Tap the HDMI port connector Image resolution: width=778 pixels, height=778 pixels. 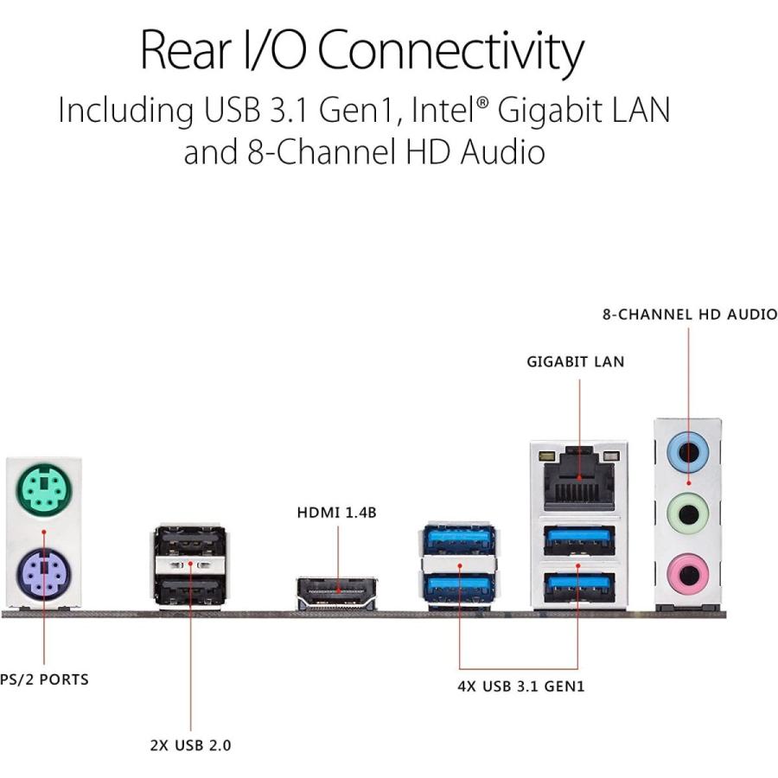tap(337, 594)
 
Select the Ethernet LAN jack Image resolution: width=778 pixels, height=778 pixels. tap(579, 481)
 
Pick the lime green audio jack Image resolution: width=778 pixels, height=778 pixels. tap(689, 514)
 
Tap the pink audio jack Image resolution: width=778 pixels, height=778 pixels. tap(689, 571)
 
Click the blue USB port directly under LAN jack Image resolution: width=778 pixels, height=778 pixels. tap(579, 541)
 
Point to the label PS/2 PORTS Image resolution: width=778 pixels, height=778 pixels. tap(44, 679)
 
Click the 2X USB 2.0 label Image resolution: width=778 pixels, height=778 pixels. tap(190, 744)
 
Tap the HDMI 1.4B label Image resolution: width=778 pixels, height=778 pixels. tap(337, 513)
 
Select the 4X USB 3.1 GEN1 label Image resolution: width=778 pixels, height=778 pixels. tap(520, 687)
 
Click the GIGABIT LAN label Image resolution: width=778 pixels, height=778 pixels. tap(575, 362)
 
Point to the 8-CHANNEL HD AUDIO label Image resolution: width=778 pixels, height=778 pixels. tap(689, 315)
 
